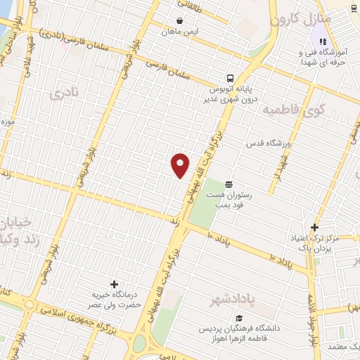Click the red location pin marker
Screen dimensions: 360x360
coord(180,165)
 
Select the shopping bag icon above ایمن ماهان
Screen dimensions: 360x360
coord(180,21)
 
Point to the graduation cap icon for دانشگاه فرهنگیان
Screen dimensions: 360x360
coord(239,318)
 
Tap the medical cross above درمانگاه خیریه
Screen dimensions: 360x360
coord(114,284)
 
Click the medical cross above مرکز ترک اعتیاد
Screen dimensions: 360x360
coord(314,226)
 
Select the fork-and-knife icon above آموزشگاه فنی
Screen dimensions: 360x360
coord(321,28)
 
